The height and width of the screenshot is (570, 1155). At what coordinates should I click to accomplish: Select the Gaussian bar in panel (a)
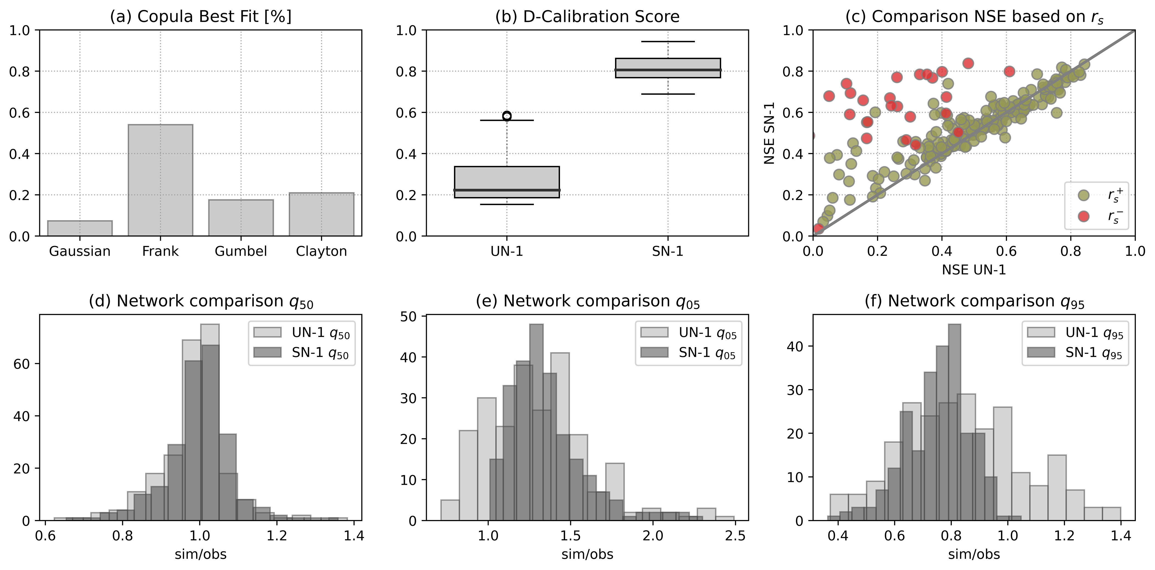tap(80, 228)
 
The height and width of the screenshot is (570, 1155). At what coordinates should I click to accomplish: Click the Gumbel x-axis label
tap(241, 251)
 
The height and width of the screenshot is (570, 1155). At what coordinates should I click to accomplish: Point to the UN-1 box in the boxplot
tap(507, 182)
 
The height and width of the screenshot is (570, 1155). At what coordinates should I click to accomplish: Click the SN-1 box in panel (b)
tap(668, 68)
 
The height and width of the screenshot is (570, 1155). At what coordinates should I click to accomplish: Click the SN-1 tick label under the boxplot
tap(668, 251)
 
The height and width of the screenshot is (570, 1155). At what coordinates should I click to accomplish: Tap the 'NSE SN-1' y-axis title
tap(769, 133)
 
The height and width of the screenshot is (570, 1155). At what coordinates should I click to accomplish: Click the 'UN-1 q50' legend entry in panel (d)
tap(301, 333)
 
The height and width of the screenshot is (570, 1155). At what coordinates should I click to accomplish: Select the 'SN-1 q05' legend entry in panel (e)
tap(688, 353)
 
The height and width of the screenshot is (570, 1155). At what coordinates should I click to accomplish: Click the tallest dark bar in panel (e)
tap(536, 422)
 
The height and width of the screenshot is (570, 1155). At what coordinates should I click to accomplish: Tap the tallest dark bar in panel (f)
tap(954, 422)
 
